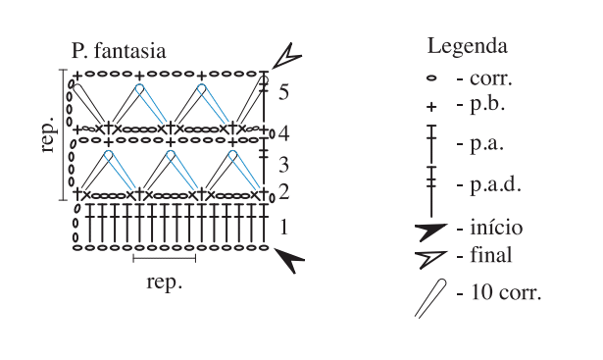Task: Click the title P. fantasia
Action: [x=119, y=52]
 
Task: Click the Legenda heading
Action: [x=468, y=47]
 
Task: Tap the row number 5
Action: [x=283, y=92]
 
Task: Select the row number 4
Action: [x=283, y=133]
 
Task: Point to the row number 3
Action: [x=283, y=165]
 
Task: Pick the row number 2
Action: [x=283, y=191]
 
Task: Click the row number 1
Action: [x=283, y=227]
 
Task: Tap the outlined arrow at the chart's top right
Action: [x=287, y=57]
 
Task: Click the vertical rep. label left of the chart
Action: [x=47, y=133]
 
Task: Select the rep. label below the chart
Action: [x=164, y=283]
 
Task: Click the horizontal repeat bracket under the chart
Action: [x=164, y=258]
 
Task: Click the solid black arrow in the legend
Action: [x=430, y=231]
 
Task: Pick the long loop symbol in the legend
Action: [x=430, y=298]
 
